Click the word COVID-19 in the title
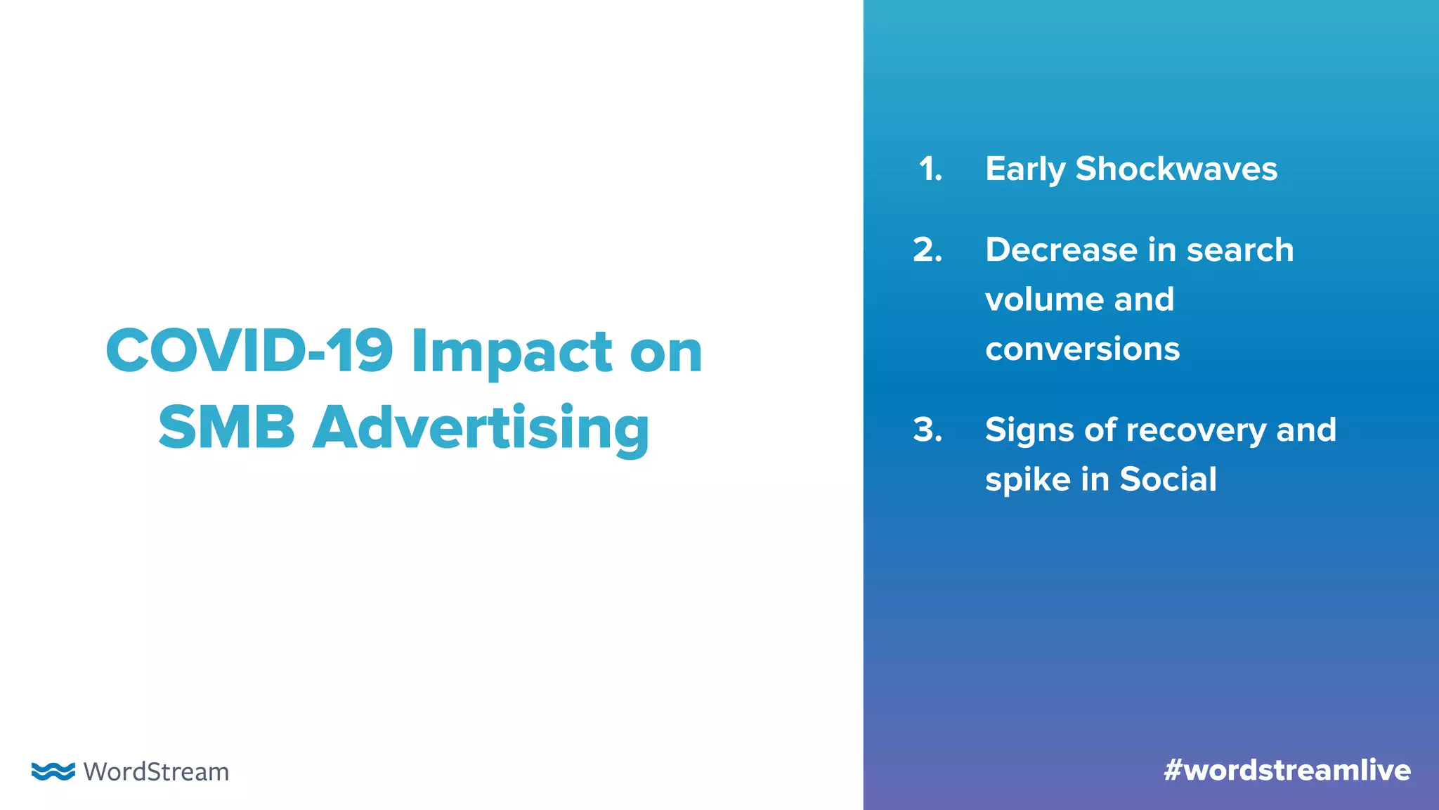249,351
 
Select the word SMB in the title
226,427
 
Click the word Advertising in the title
481,429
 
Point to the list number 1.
930,169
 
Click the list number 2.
927,250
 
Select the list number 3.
927,430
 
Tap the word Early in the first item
1025,170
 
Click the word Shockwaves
1176,169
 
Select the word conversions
1082,349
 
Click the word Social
1168,480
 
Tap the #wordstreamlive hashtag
1287,771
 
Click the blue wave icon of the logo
53,771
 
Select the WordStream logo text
156,772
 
